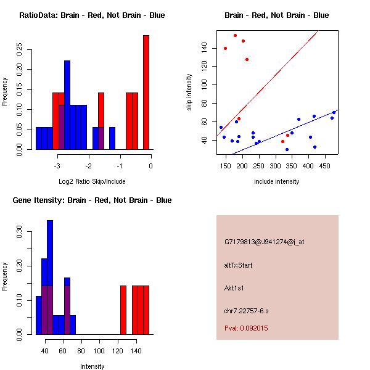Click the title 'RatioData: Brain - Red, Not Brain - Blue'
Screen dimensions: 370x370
click(x=92, y=15)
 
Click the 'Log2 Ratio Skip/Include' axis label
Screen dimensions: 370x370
click(x=92, y=181)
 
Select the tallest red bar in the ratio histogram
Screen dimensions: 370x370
click(x=146, y=92)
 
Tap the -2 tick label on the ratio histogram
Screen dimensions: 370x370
click(x=89, y=166)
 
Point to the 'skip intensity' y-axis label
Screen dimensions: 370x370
click(x=189, y=92)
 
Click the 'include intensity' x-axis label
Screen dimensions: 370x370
click(x=276, y=181)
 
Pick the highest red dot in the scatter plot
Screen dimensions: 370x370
click(x=235, y=36)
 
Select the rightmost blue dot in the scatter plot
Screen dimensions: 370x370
click(x=334, y=113)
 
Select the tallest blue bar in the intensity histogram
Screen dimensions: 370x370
click(x=50, y=277)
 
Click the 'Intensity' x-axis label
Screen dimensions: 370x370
click(x=92, y=366)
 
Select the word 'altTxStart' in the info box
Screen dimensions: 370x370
click(x=239, y=265)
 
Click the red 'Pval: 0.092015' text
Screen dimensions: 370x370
click(x=246, y=328)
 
